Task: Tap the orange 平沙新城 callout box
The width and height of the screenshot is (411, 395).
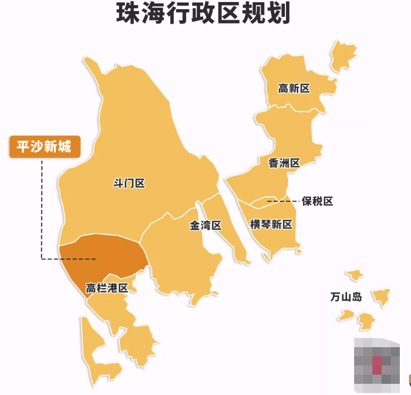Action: [45, 147]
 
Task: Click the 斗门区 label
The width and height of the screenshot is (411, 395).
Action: [129, 183]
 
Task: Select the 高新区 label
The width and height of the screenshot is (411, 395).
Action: [294, 88]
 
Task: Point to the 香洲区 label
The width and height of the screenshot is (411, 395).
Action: [284, 163]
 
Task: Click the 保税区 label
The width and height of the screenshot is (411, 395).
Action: [317, 201]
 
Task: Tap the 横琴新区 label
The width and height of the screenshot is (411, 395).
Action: [271, 224]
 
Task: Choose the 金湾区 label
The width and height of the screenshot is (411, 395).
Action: [206, 225]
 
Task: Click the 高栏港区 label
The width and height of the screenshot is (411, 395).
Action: [106, 288]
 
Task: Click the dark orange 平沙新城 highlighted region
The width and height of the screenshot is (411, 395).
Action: [107, 257]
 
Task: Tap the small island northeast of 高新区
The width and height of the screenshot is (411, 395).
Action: [343, 53]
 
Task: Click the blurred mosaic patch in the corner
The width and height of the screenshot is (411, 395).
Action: [376, 364]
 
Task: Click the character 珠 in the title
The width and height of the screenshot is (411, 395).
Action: [127, 14]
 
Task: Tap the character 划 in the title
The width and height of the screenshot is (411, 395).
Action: [279, 14]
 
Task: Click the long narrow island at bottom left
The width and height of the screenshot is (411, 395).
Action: [90, 346]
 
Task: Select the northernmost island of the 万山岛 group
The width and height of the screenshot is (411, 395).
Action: [355, 275]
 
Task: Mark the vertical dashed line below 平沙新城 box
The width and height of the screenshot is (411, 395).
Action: [42, 208]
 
